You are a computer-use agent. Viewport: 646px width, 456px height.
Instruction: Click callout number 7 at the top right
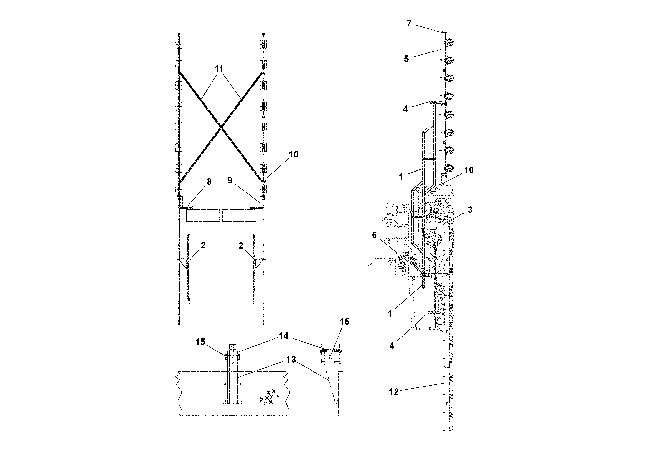pyautogui.click(x=409, y=24)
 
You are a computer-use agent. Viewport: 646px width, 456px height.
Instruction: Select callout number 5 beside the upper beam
pyautogui.click(x=406, y=59)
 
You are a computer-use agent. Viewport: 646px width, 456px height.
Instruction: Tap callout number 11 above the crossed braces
pyautogui.click(x=219, y=69)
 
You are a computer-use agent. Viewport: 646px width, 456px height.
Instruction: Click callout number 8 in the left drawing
pyautogui.click(x=209, y=182)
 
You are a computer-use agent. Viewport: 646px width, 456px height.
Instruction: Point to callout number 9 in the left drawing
pyautogui.click(x=230, y=180)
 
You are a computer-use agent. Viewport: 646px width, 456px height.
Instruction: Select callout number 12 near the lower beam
pyautogui.click(x=394, y=392)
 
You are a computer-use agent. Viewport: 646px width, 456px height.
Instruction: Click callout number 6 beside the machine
pyautogui.click(x=374, y=235)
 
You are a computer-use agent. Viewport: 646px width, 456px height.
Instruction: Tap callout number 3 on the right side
pyautogui.click(x=470, y=210)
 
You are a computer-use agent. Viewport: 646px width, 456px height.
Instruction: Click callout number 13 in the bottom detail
pyautogui.click(x=291, y=360)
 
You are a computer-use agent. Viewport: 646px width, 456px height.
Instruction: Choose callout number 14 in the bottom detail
pyautogui.click(x=284, y=336)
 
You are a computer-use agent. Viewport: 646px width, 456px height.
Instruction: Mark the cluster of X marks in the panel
pyautogui.click(x=269, y=397)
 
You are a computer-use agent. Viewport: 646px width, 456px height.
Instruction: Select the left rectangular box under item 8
pyautogui.click(x=203, y=215)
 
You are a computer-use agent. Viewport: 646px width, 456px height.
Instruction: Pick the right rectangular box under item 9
pyautogui.click(x=240, y=215)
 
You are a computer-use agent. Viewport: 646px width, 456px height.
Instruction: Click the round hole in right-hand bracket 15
pyautogui.click(x=331, y=357)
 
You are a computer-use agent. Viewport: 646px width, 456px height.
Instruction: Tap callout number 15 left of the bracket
pyautogui.click(x=200, y=342)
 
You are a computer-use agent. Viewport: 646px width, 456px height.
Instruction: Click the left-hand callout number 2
pyautogui.click(x=203, y=245)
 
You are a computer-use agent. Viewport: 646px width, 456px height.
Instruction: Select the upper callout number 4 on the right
pyautogui.click(x=405, y=109)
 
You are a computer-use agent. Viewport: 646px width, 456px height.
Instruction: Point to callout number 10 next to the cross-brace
pyautogui.click(x=293, y=154)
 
